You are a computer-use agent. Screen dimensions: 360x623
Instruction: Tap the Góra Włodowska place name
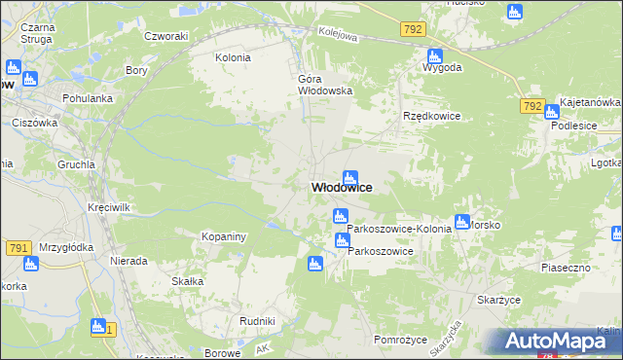point(324,85)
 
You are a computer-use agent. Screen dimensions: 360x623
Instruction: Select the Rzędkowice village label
point(431,116)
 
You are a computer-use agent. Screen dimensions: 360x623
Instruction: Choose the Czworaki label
point(165,37)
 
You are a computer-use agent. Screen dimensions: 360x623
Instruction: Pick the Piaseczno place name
point(567,266)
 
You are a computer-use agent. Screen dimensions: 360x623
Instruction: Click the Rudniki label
point(257,320)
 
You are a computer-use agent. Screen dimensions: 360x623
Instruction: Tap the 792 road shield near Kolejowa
point(412,30)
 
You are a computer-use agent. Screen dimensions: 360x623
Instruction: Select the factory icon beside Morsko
point(461,221)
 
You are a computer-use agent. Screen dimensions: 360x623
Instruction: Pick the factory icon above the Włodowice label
point(349,177)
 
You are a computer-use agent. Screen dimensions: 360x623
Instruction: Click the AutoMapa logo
point(557,342)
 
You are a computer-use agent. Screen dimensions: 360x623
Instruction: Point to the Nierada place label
point(128,261)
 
